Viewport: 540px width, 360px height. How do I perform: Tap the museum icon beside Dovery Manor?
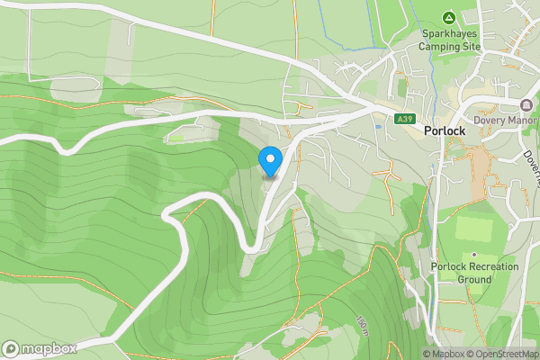(x=526, y=105)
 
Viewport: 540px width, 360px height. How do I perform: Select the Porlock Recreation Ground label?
(x=474, y=273)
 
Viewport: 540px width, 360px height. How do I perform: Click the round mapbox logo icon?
(x=11, y=348)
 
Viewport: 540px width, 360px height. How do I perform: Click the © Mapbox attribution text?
(x=445, y=354)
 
